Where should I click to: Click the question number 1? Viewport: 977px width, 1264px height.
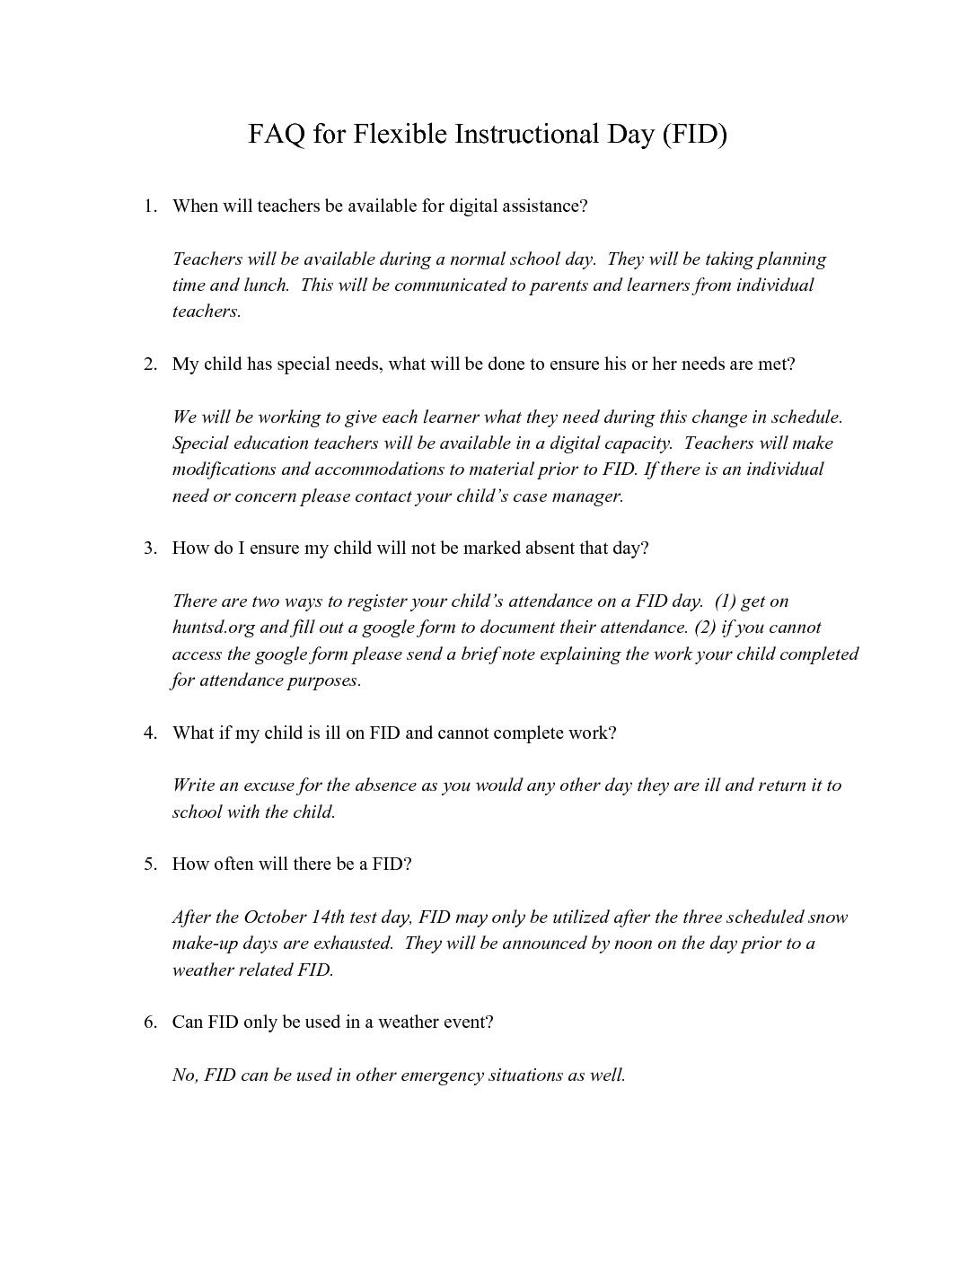(150, 206)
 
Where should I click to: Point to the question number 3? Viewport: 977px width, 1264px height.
(150, 549)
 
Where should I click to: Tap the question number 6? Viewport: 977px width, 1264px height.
(150, 1023)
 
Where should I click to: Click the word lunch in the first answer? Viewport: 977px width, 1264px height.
(267, 285)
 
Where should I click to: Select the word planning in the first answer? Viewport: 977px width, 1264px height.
(790, 259)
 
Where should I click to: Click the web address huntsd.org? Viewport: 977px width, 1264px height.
(214, 628)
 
